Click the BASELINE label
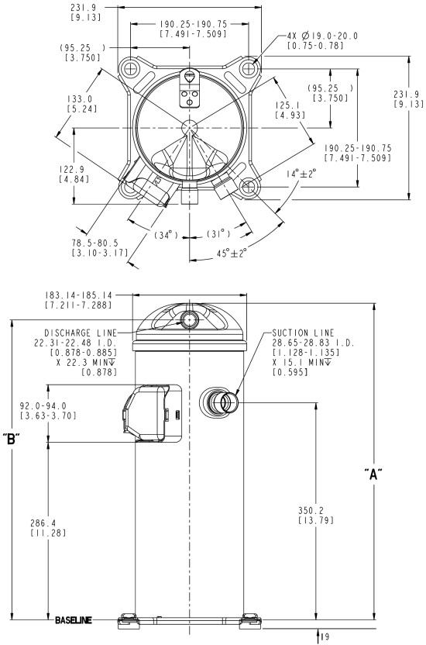click(74, 620)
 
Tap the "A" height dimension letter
click(373, 474)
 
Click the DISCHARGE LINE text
click(81, 333)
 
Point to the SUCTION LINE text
click(303, 333)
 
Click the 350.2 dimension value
click(311, 510)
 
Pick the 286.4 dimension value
click(43, 523)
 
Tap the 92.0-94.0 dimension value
click(43, 406)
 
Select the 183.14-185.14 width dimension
click(78, 295)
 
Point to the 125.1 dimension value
click(288, 105)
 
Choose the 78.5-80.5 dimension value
click(95, 243)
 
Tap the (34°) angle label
click(166, 235)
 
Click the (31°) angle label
click(218, 233)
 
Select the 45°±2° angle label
click(232, 253)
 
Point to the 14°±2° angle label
click(301, 174)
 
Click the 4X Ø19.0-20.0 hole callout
click(322, 36)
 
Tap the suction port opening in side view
click(228, 402)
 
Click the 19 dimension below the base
click(325, 637)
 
